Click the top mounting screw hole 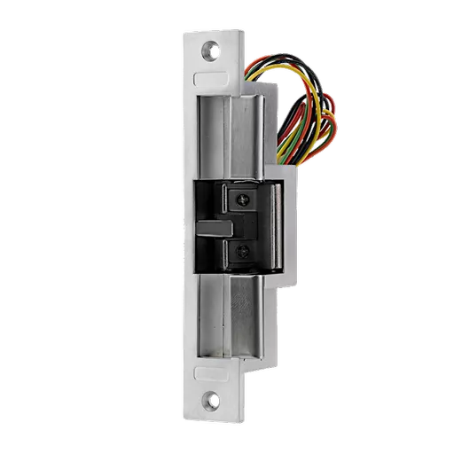pos(212,51)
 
